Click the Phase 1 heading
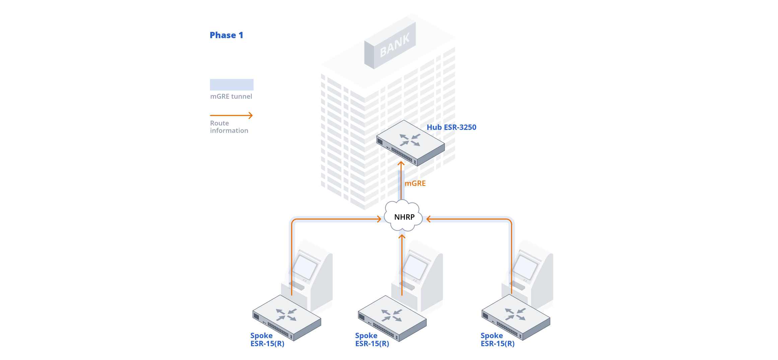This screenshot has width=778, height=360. tap(226, 35)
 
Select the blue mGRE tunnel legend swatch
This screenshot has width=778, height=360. tap(231, 84)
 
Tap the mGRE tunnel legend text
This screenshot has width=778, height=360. tap(231, 96)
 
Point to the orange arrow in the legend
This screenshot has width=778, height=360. tap(231, 116)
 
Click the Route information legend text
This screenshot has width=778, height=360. tap(229, 127)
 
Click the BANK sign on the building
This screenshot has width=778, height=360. tap(394, 46)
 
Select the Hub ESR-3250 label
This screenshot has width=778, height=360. tap(451, 127)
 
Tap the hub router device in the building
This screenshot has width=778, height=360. tap(410, 143)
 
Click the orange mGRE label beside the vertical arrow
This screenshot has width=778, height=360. tap(415, 184)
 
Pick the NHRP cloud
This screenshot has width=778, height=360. tap(404, 217)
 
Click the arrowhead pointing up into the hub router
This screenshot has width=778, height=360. tap(401, 164)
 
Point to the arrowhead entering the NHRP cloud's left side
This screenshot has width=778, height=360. tap(379, 219)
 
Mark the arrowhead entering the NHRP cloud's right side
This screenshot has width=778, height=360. tap(428, 219)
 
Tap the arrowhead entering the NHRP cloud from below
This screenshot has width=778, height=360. tap(402, 237)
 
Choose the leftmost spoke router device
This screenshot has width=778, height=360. tap(287, 318)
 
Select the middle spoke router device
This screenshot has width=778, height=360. tap(392, 318)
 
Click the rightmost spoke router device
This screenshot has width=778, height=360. tap(516, 317)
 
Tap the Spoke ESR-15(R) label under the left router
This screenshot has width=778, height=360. tap(267, 340)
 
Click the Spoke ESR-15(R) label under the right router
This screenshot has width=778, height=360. tap(497, 340)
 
